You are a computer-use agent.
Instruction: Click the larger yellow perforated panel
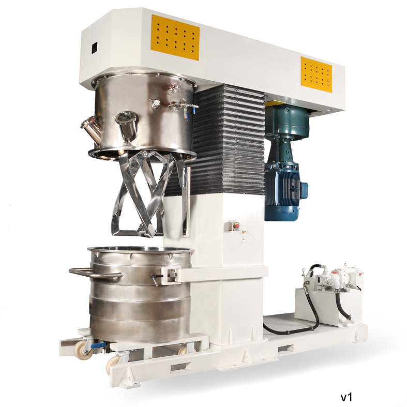click(175, 37)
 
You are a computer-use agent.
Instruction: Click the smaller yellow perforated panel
click(316, 75)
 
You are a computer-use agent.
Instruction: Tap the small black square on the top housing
click(95, 48)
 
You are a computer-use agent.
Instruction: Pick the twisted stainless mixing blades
click(147, 191)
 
